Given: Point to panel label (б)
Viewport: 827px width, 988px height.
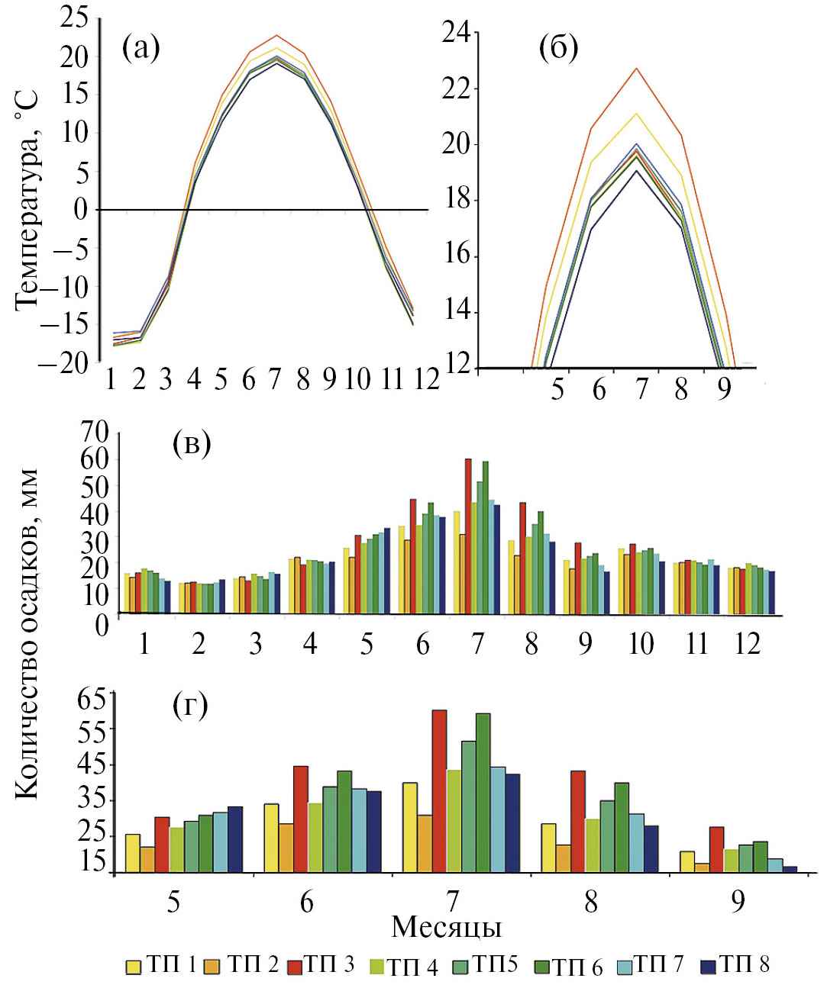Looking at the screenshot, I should click(558, 49).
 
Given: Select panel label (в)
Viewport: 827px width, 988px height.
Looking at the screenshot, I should click(192, 443).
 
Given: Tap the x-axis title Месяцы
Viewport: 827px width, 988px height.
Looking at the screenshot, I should click(447, 927).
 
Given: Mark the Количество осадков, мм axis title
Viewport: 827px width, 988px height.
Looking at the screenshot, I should click(27, 633).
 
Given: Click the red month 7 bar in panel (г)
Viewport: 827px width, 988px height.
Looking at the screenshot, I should click(439, 791).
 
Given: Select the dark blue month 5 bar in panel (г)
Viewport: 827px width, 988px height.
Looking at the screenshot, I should click(234, 839).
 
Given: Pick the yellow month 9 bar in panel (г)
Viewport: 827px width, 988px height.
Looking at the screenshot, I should click(687, 861).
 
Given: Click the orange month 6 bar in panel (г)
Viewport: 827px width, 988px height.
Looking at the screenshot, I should click(286, 848).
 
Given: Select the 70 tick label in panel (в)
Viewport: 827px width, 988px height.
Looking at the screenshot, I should click(95, 433).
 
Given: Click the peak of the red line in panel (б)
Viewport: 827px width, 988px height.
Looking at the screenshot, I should click(637, 69).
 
